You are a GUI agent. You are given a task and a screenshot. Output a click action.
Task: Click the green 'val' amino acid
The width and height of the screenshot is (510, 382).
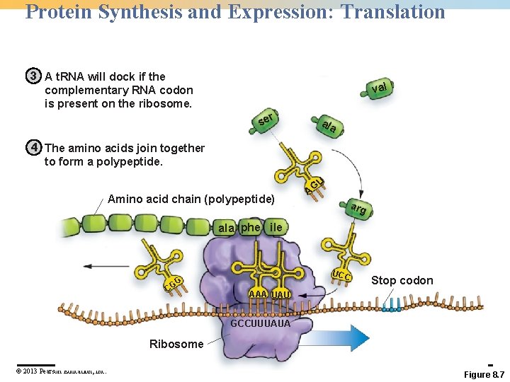380,88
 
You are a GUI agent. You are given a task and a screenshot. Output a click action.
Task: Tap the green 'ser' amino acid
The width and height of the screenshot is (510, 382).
266,120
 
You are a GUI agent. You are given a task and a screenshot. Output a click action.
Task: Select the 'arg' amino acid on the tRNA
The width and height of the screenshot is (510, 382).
358,209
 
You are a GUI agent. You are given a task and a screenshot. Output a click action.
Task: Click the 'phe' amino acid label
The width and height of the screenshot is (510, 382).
251,227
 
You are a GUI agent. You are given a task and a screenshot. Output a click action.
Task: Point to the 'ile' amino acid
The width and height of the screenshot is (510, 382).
276,227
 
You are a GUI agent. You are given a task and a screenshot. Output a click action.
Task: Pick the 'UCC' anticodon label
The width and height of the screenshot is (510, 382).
344,275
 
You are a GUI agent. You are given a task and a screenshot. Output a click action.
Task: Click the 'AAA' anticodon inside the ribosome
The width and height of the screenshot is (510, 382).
258,294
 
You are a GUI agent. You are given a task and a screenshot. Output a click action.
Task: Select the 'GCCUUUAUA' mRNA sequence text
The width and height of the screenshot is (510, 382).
261,324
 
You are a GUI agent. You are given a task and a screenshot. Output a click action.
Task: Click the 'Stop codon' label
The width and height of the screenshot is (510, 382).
402,281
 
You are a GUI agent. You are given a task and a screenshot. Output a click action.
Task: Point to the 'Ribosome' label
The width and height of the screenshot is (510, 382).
176,344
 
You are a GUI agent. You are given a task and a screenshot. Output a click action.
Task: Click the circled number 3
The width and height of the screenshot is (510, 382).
33,76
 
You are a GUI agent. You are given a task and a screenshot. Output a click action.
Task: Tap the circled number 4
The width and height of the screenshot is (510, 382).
33,148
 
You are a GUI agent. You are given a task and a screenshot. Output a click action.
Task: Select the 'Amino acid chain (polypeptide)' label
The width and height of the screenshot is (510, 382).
191,199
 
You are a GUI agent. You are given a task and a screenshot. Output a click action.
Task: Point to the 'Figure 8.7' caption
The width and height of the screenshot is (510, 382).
484,374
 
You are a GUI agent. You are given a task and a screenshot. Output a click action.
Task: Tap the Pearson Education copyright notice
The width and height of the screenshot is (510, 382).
61,371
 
